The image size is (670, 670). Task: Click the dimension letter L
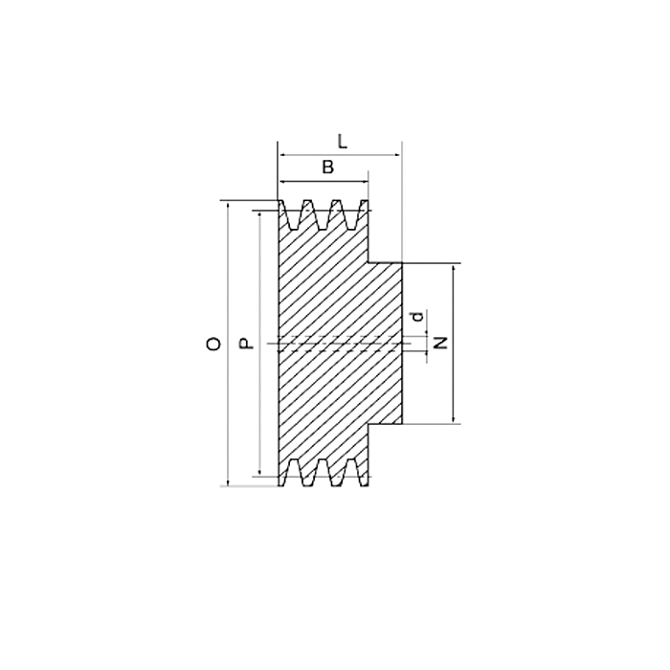click(343, 141)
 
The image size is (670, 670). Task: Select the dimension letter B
click(327, 167)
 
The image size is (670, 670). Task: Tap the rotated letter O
click(214, 343)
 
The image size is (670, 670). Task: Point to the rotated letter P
click(246, 343)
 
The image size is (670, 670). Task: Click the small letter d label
click(416, 317)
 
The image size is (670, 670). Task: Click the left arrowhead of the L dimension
click(282, 153)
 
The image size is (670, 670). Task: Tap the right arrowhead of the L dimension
click(397, 153)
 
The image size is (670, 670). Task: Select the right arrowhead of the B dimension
click(364, 181)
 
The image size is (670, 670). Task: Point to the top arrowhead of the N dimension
click(454, 269)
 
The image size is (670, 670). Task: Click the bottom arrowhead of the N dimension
click(454, 417)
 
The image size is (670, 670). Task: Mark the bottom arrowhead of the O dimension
click(228, 480)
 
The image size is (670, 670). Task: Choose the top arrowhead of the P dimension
click(258, 216)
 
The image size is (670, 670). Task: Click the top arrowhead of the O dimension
click(228, 206)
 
